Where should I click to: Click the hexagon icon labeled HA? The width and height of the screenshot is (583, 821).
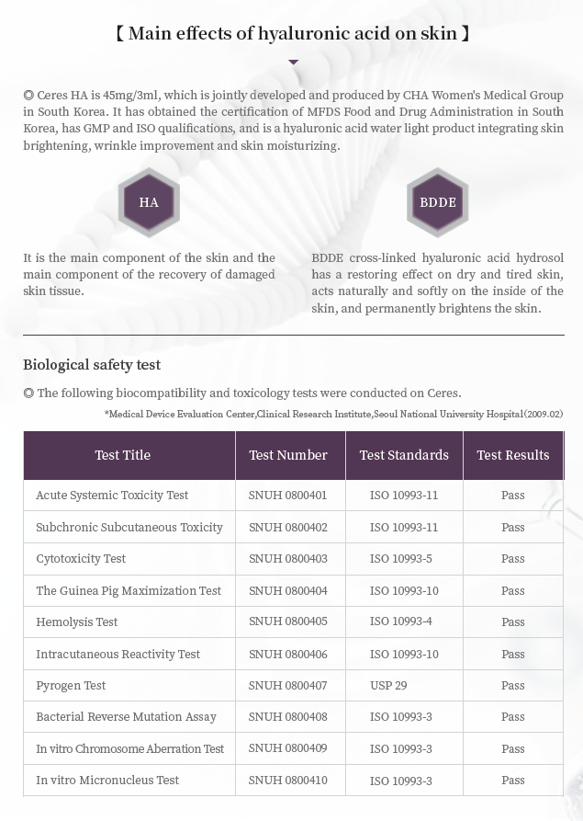[149, 202]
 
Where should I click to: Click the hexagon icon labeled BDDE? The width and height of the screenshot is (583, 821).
[437, 202]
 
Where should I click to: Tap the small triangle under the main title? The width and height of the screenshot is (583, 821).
[293, 63]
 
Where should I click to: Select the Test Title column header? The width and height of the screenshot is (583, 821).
[123, 455]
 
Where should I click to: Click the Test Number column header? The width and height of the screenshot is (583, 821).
[288, 455]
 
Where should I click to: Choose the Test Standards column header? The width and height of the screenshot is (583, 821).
[404, 455]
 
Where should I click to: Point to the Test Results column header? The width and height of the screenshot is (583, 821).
[512, 455]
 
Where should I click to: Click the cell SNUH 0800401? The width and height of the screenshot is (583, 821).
[287, 496]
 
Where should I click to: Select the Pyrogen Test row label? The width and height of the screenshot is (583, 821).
[71, 686]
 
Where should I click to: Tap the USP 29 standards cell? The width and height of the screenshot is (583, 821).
[389, 686]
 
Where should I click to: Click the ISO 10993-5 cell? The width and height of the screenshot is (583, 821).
[401, 559]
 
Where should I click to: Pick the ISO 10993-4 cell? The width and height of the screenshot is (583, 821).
[401, 621]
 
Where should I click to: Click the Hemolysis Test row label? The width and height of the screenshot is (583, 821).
[77, 622]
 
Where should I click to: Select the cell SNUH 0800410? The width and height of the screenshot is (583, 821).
[287, 781]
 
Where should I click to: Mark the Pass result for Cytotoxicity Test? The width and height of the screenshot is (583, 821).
[512, 559]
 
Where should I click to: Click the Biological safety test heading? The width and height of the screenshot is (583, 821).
[92, 365]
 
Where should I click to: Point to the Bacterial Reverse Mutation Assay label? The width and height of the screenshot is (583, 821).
[127, 717]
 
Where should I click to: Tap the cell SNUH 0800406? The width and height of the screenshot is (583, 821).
[287, 655]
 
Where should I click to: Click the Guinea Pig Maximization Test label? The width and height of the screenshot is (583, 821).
[129, 591]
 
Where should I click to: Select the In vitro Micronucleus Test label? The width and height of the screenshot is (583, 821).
[107, 781]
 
